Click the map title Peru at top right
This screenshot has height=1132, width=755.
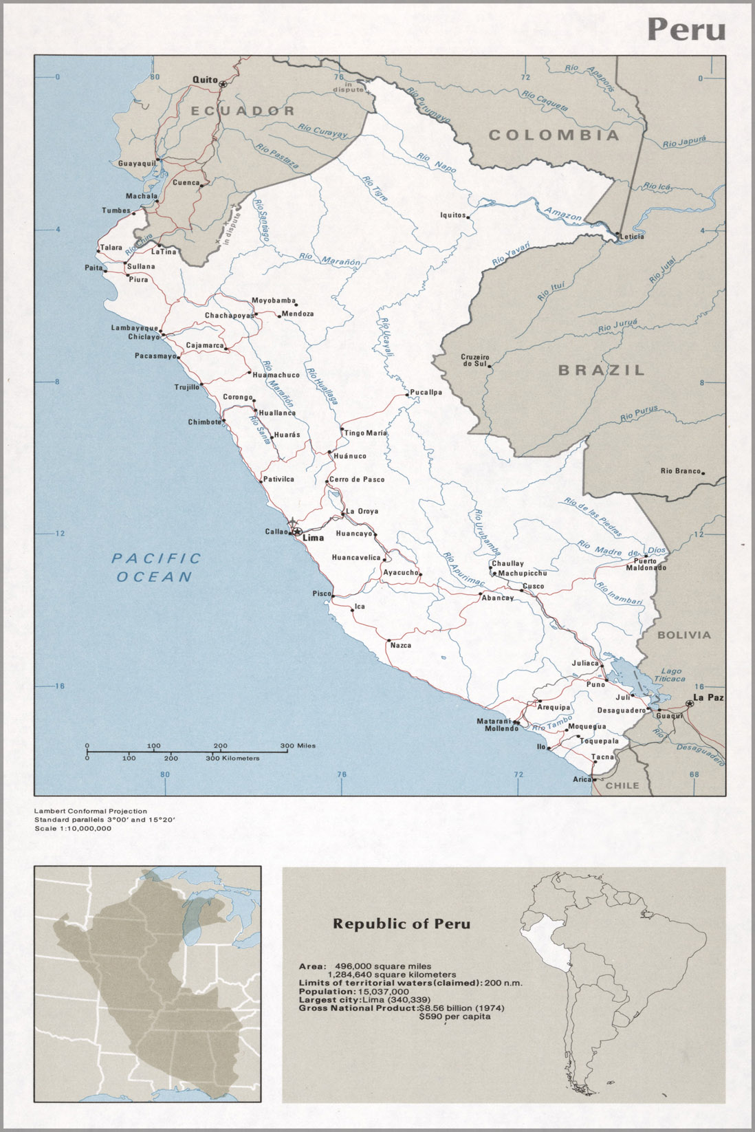[x=686, y=30]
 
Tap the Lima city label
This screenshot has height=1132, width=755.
[x=313, y=538]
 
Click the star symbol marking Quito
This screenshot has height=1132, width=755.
[x=223, y=83]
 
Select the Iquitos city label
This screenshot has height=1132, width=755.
[x=453, y=215]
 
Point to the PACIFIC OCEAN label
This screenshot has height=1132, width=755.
[x=156, y=567]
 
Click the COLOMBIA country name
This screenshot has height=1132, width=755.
[x=554, y=135]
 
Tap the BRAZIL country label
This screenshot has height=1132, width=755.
[x=602, y=370]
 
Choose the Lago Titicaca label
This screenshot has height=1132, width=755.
[x=672, y=675]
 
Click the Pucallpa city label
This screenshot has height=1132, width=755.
[x=426, y=393]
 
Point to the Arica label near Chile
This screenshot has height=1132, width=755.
[x=582, y=779]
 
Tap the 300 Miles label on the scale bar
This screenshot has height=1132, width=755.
[x=297, y=745]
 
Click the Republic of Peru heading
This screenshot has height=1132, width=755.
[x=402, y=924]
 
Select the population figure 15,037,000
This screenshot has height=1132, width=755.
[x=383, y=992]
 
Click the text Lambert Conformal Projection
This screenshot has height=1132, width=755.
[x=91, y=812]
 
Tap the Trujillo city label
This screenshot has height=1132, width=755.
[x=186, y=387]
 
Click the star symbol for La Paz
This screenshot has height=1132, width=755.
[x=689, y=704]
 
